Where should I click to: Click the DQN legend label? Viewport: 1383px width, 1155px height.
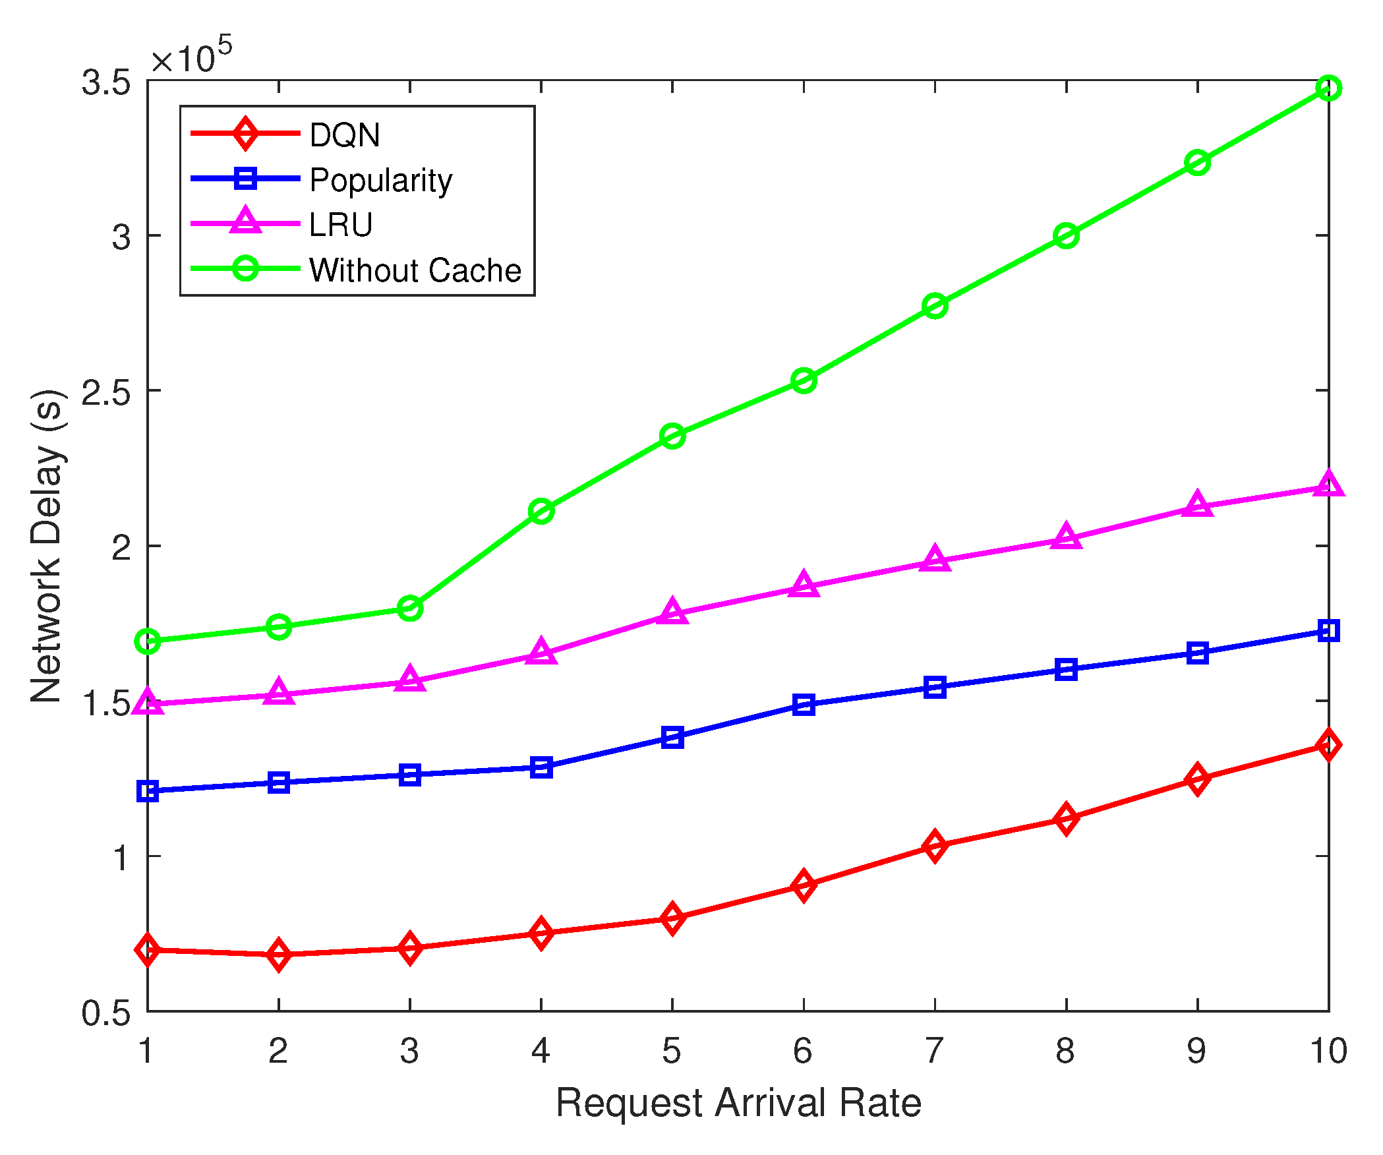pyautogui.click(x=344, y=135)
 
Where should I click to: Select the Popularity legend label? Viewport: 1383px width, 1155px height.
pyautogui.click(x=380, y=181)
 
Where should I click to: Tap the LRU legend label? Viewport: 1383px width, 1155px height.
pyautogui.click(x=341, y=225)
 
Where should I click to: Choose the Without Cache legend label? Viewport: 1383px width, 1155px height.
pyautogui.click(x=415, y=270)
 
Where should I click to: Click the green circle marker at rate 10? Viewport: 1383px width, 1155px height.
pyautogui.click(x=1328, y=88)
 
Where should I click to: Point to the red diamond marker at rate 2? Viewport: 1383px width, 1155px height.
pyautogui.click(x=279, y=955)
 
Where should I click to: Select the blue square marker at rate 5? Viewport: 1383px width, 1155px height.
pyautogui.click(x=672, y=737)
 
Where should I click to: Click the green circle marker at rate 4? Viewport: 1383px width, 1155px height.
pyautogui.click(x=541, y=511)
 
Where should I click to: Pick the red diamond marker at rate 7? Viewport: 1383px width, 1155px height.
pyautogui.click(x=935, y=846)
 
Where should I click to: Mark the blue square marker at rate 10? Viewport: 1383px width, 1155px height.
pyautogui.click(x=1328, y=631)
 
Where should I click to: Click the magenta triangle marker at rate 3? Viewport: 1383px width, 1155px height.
pyautogui.click(x=410, y=679)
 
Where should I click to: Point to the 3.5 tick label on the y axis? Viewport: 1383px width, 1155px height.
pyautogui.click(x=105, y=83)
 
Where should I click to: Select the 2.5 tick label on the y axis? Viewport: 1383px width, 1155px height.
pyautogui.click(x=105, y=393)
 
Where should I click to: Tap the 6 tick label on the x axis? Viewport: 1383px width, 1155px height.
pyautogui.click(x=803, y=1051)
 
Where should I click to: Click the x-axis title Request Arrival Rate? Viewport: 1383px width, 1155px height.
pyautogui.click(x=738, y=1102)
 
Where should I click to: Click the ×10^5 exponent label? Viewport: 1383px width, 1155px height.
pyautogui.click(x=191, y=57)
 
